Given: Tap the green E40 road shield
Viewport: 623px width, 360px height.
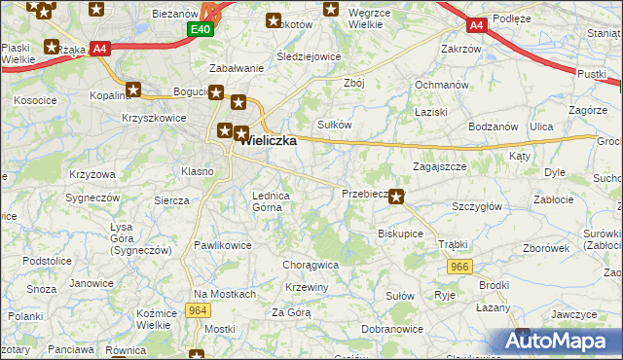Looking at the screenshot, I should click(200, 30).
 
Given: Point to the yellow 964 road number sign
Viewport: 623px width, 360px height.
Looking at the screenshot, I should click(199, 310).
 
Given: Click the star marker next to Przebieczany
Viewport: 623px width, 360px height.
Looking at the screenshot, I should click(396, 195).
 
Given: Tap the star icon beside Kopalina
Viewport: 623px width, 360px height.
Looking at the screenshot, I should click(134, 90).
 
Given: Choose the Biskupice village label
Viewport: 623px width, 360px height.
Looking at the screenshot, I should click(400, 234).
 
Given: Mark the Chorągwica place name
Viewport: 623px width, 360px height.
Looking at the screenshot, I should click(310, 264).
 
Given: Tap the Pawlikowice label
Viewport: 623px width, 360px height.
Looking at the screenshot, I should click(223, 245).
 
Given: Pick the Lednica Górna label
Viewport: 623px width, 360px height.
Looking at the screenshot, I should click(272, 200).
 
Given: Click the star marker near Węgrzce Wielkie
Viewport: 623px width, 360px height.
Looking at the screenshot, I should click(331, 11).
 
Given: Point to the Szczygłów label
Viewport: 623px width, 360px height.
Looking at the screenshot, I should click(477, 206).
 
